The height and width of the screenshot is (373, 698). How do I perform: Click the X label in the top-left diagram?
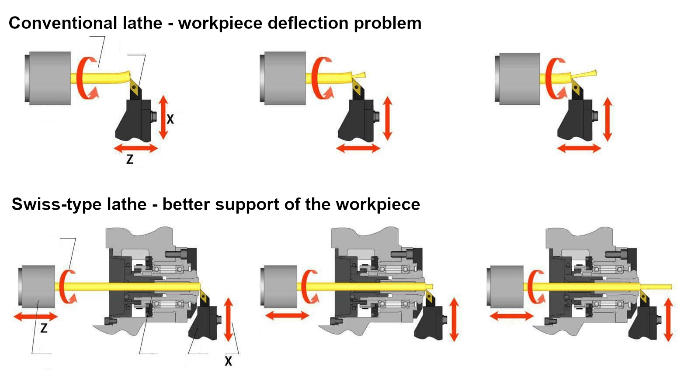pyautogui.click(x=170, y=119)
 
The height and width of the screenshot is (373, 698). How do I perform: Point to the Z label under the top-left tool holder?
pyautogui.click(x=130, y=159)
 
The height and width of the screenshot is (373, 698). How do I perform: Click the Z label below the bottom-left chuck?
pyautogui.click(x=44, y=328)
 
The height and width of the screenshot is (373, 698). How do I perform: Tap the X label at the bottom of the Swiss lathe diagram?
pyautogui.click(x=228, y=361)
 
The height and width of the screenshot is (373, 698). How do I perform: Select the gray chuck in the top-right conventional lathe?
pyautogui.click(x=517, y=79)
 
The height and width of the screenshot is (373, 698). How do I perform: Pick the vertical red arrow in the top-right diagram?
pyautogui.click(x=607, y=119)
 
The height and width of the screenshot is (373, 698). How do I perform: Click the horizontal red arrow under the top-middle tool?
pyautogui.click(x=358, y=149)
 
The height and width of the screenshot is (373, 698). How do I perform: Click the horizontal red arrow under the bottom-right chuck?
pyautogui.click(x=511, y=316)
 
